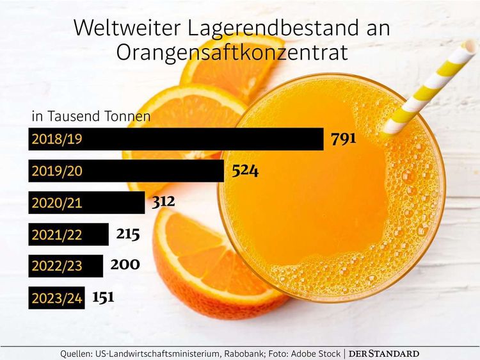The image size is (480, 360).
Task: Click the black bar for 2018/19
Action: tap(176, 139)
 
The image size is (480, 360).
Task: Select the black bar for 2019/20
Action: tap(126, 171)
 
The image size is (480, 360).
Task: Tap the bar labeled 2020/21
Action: tap(86, 203)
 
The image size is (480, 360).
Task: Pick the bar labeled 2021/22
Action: tap(68, 234)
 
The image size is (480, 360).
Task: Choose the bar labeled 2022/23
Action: tap(65, 266)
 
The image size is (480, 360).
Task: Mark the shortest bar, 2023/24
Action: tap(56, 298)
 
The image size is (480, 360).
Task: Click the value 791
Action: tap(343, 139)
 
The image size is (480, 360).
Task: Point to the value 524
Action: tap(245, 171)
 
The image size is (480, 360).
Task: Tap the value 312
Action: tap(163, 202)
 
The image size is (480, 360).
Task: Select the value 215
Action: tap(128, 234)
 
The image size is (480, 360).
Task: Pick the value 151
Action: tap(104, 297)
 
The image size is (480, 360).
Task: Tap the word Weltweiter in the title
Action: tap(119, 28)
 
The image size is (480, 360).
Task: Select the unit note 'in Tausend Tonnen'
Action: tap(91, 117)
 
